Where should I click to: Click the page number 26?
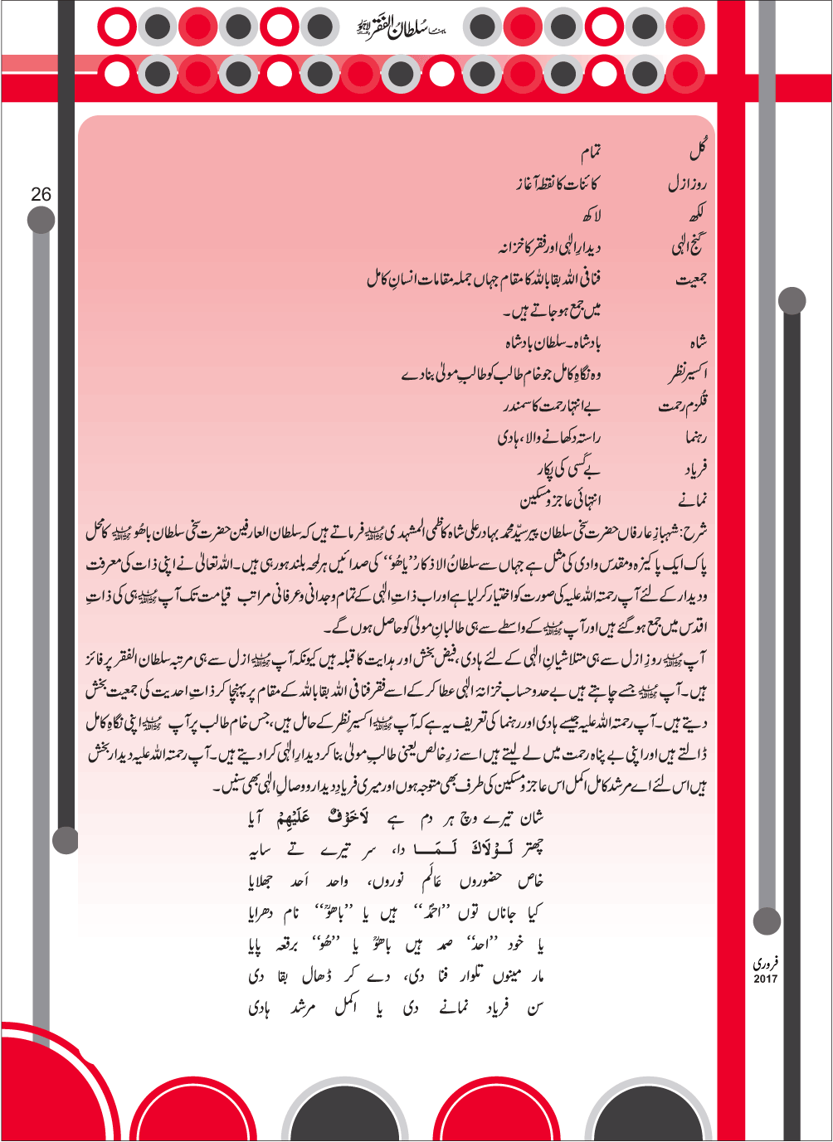pyautogui.click(x=41, y=194)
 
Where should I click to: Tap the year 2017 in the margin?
pyautogui.click(x=765, y=979)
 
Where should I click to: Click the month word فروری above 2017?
pyautogui.click(x=765, y=964)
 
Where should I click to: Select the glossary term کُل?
pyautogui.click(x=698, y=152)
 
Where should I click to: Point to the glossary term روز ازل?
pyautogui.click(x=688, y=184)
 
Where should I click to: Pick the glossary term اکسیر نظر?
pyautogui.click(x=688, y=374)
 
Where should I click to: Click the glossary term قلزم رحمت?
pyautogui.click(x=684, y=406)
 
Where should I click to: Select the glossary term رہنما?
pyautogui.click(x=695, y=437)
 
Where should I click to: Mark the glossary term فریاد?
pyautogui.click(x=694, y=469)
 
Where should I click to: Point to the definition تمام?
pyautogui.click(x=590, y=153)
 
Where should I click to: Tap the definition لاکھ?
pyautogui.click(x=591, y=216)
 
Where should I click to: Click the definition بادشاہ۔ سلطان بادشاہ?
pyautogui.click(x=553, y=343)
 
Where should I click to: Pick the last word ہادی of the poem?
pyautogui.click(x=259, y=1009)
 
